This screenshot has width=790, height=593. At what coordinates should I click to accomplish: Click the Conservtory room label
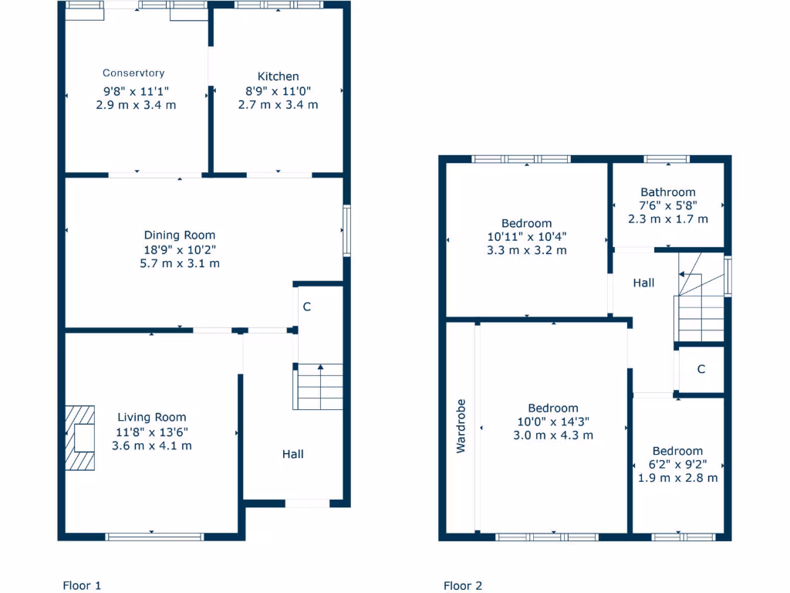click(133, 73)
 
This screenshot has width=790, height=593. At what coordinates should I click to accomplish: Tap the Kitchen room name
click(278, 76)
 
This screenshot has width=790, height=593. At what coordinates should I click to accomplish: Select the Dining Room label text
click(180, 236)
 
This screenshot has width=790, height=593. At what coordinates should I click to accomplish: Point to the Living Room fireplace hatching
click(80, 438)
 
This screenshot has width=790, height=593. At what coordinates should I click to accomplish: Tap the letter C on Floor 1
click(306, 307)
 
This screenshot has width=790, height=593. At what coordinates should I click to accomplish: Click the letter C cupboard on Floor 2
click(701, 370)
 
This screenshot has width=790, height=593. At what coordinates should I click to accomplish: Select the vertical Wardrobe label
click(461, 425)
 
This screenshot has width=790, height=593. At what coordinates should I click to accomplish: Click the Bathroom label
click(667, 192)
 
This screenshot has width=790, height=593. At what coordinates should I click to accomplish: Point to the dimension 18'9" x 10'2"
click(180, 249)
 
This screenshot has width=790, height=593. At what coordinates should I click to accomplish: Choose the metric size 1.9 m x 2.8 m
click(677, 478)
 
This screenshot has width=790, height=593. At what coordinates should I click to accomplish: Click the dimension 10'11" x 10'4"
click(526, 237)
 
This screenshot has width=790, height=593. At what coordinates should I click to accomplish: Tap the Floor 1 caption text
click(82, 585)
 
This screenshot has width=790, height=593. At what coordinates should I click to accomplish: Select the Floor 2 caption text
click(463, 585)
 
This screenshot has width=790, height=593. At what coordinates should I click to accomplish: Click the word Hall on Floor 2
click(643, 283)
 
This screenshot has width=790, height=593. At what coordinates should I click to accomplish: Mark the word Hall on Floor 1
click(292, 454)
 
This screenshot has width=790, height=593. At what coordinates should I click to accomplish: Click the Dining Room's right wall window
click(347, 230)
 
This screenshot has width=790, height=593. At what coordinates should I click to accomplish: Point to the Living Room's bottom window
click(154, 536)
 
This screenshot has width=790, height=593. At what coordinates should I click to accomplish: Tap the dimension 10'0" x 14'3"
click(553, 422)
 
